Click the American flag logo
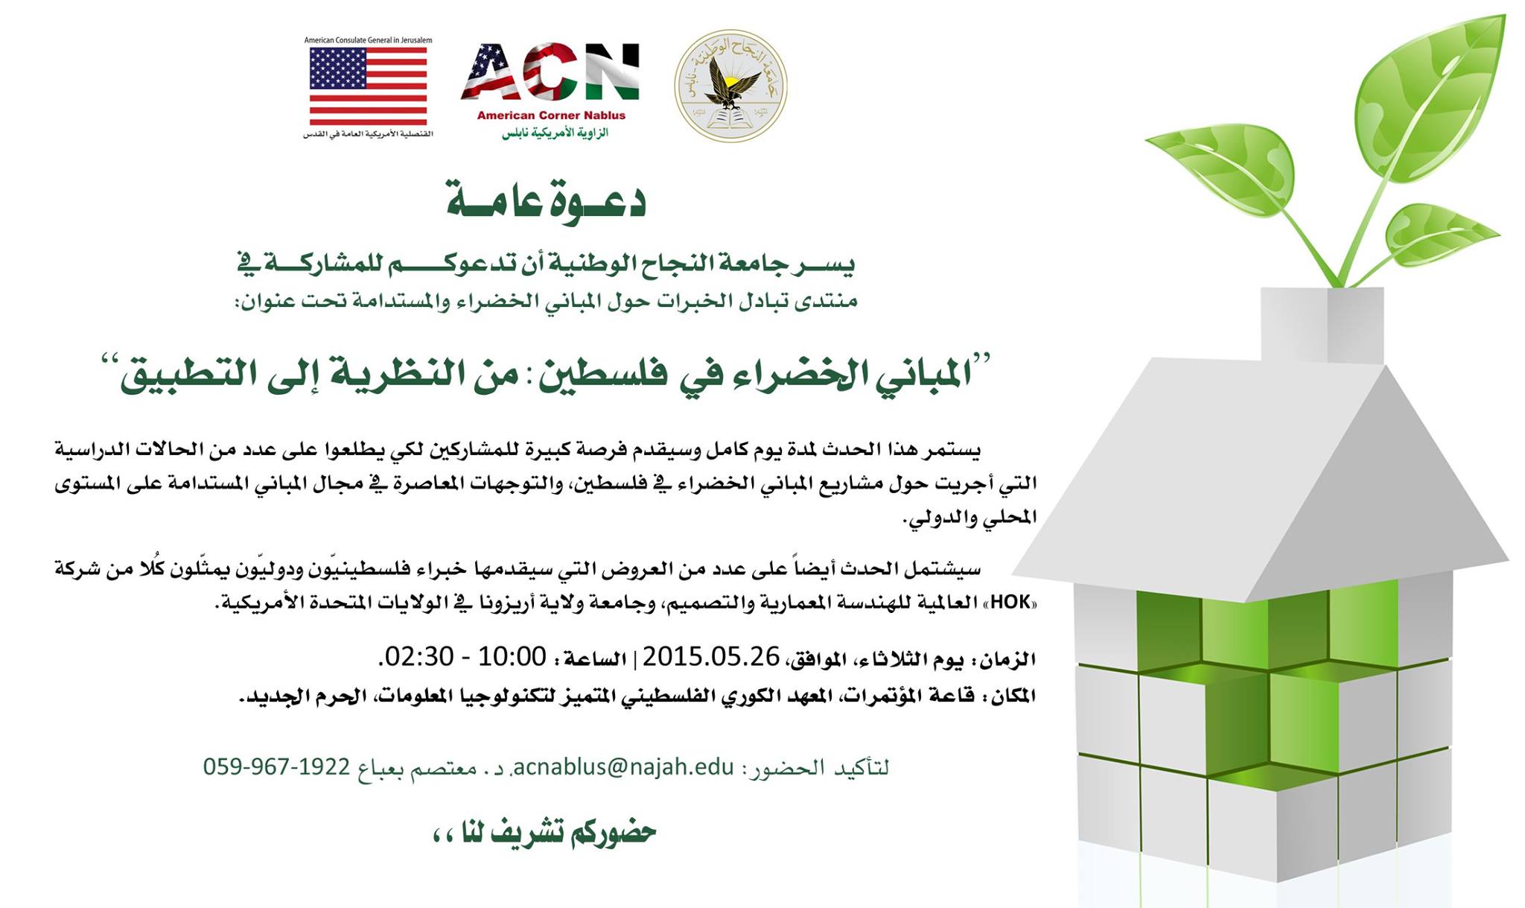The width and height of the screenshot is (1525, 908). (368, 86)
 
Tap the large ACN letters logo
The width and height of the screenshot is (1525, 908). (550, 72)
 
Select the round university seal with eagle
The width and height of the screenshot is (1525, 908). (730, 86)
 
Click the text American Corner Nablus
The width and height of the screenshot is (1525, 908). (551, 115)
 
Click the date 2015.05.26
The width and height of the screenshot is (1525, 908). (711, 656)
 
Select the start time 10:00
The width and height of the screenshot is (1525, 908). (512, 656)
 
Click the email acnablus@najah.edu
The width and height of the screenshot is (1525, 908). (624, 766)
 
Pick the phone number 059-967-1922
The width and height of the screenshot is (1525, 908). (276, 766)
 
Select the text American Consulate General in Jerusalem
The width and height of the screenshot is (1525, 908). (368, 40)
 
